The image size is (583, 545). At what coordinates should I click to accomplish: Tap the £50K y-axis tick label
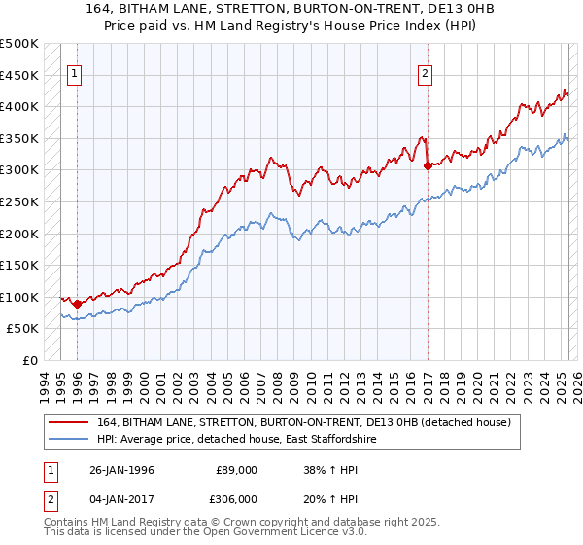click(x=21, y=329)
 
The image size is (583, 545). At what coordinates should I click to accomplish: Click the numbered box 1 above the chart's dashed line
click(x=76, y=71)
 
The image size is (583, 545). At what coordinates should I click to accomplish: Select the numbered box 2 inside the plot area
click(x=426, y=71)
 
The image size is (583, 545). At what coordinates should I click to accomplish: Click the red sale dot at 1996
click(x=78, y=305)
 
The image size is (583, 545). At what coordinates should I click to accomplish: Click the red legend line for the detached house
click(x=70, y=422)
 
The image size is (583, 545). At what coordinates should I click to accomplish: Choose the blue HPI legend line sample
click(x=70, y=440)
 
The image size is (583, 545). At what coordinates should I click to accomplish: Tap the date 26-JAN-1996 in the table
click(x=120, y=469)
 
